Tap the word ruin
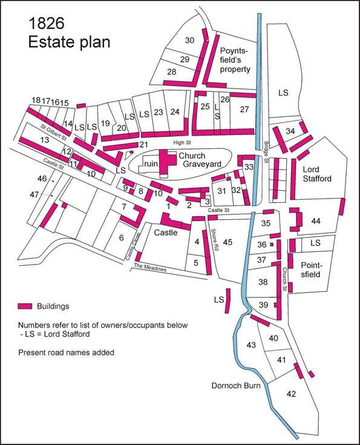(151, 163)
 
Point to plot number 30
(189, 40)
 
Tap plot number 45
(227, 242)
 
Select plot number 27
(244, 109)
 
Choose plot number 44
(315, 222)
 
